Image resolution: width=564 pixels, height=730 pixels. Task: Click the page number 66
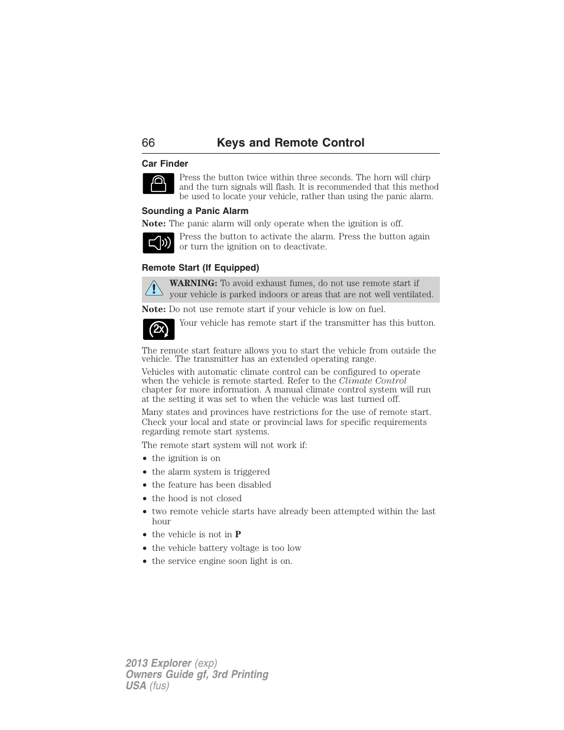pos(148,143)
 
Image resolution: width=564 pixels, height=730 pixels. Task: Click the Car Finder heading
pos(165,164)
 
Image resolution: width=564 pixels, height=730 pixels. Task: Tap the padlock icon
pos(158,184)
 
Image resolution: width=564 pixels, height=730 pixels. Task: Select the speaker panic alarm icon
pos(158,243)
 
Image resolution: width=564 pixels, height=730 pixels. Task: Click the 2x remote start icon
pos(158,329)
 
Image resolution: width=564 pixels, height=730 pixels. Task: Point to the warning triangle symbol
pos(154,288)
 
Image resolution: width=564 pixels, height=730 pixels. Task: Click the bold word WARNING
pos(193,283)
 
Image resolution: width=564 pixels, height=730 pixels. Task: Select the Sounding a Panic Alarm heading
pos(195,211)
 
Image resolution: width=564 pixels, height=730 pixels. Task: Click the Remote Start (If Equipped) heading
pos(200,268)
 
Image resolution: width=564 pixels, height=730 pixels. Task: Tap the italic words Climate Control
pos(372,381)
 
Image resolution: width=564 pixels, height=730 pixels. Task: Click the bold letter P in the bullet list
pos(238,534)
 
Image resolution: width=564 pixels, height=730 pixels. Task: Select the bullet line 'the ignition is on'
pos(186,458)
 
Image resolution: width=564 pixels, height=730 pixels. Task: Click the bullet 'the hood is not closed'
pos(196,498)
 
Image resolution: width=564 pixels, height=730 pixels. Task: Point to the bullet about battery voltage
pos(226,548)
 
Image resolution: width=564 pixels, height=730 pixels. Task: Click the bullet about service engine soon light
pos(222,561)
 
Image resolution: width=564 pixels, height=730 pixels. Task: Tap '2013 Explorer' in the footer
pos(158,663)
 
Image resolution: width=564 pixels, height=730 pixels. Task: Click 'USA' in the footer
pos(135,686)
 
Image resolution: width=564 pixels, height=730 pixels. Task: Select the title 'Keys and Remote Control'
pos(290,143)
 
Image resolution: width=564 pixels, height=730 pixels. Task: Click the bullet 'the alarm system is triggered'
pos(210,472)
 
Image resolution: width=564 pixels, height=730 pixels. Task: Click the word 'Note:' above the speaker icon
pos(154,223)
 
